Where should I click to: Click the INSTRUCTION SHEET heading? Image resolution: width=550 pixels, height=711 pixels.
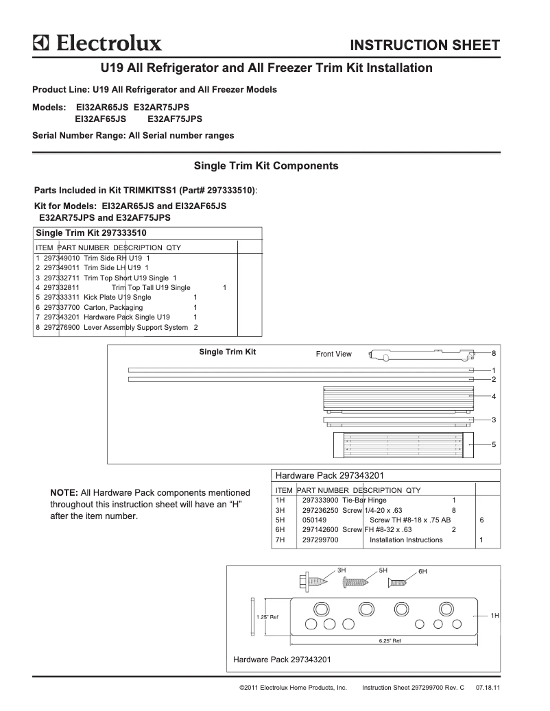(x=425, y=46)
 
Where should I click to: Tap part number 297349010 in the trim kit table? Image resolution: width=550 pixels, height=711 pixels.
(x=62, y=258)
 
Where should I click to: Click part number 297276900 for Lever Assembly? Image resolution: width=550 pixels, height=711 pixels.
(x=62, y=328)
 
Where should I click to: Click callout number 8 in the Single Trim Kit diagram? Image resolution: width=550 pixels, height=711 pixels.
(x=494, y=353)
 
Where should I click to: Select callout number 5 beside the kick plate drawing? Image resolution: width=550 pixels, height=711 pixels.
(x=494, y=444)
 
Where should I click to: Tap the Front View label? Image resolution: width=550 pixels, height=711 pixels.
(x=333, y=354)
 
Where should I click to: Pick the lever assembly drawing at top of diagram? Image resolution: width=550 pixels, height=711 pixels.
(x=422, y=355)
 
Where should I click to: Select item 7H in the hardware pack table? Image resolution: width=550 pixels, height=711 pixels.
(x=280, y=540)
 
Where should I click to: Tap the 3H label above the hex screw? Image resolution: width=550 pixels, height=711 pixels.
(x=342, y=570)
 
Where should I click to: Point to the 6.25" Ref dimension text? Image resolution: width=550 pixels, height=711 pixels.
(x=390, y=641)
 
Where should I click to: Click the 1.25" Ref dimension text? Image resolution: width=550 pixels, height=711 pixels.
(x=267, y=617)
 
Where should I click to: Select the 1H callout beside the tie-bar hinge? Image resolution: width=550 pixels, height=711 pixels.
(x=494, y=616)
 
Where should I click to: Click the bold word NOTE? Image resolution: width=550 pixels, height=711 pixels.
(x=64, y=492)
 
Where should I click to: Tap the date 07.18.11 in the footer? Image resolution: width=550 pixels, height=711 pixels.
(x=487, y=686)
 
